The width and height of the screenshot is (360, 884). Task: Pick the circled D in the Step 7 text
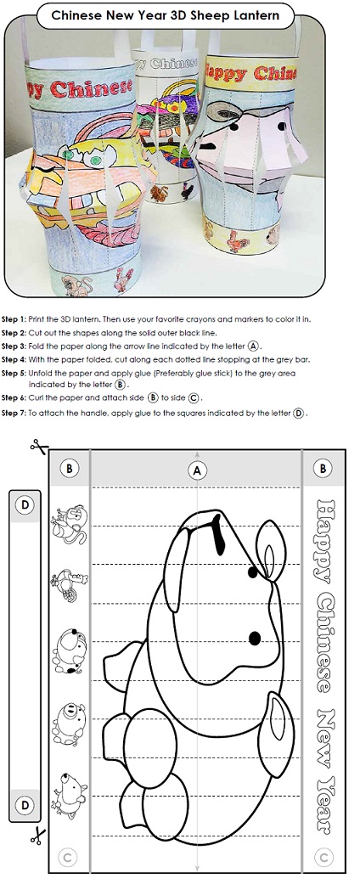click(298, 414)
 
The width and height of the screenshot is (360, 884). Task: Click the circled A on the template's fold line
click(198, 470)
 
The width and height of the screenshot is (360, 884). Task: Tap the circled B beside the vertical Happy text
click(323, 468)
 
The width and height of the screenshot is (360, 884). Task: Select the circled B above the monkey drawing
click(70, 468)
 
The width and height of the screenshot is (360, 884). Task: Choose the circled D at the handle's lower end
click(25, 803)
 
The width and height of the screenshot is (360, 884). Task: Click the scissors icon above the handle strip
click(36, 445)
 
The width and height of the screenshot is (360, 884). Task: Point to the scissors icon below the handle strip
click(36, 836)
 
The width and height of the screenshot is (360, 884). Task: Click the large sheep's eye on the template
click(254, 638)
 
